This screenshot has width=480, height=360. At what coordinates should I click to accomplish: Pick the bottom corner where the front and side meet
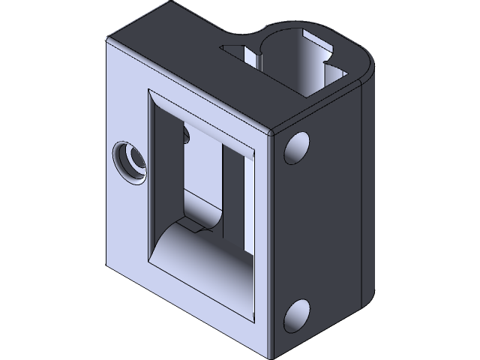[x=270, y=354]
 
